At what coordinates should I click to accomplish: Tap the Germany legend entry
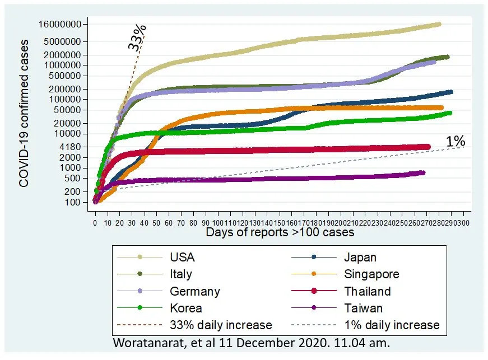click(x=194, y=291)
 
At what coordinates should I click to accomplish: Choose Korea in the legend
click(x=185, y=308)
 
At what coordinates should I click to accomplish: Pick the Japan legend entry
click(x=360, y=258)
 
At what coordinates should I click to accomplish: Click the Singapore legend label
click(x=371, y=274)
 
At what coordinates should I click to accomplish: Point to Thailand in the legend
click(x=368, y=291)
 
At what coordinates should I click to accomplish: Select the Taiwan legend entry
click(x=363, y=308)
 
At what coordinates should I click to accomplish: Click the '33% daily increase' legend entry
click(x=220, y=325)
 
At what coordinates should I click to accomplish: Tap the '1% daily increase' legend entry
click(x=392, y=325)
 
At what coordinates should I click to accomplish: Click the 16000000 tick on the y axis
click(x=59, y=24)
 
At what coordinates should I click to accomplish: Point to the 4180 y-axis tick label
click(x=73, y=146)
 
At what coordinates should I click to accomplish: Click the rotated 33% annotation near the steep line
click(x=137, y=38)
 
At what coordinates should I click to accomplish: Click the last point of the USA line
click(x=438, y=24)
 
